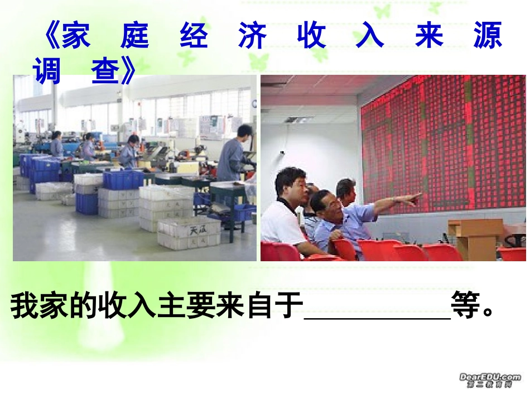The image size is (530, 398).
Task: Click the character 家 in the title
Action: tap(76, 36)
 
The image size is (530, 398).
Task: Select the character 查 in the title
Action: tap(106, 71)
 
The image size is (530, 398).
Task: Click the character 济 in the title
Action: tap(252, 36)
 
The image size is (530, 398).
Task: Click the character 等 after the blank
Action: tap(468, 306)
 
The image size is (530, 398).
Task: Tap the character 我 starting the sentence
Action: tap(25, 306)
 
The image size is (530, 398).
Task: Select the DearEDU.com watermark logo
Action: tap(490, 380)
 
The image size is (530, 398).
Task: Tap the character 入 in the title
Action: tap(370, 36)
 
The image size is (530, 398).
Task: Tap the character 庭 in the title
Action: tap(134, 36)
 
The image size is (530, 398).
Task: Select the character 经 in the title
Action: tap(194, 36)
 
